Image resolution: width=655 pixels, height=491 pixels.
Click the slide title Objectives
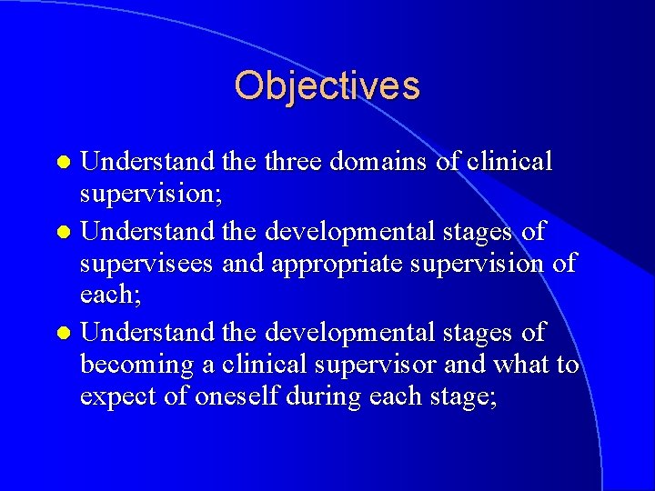pyautogui.click(x=327, y=86)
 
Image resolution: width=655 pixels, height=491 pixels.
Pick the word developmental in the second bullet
pyautogui.click(x=364, y=231)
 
